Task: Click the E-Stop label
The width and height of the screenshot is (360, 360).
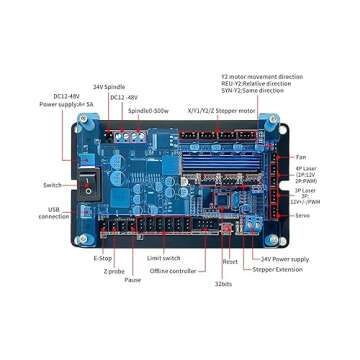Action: click(x=102, y=258)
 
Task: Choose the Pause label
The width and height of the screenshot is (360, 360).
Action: click(x=133, y=281)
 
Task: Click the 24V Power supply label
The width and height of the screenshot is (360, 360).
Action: click(x=284, y=257)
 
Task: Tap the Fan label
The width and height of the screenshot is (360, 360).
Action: click(x=301, y=157)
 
